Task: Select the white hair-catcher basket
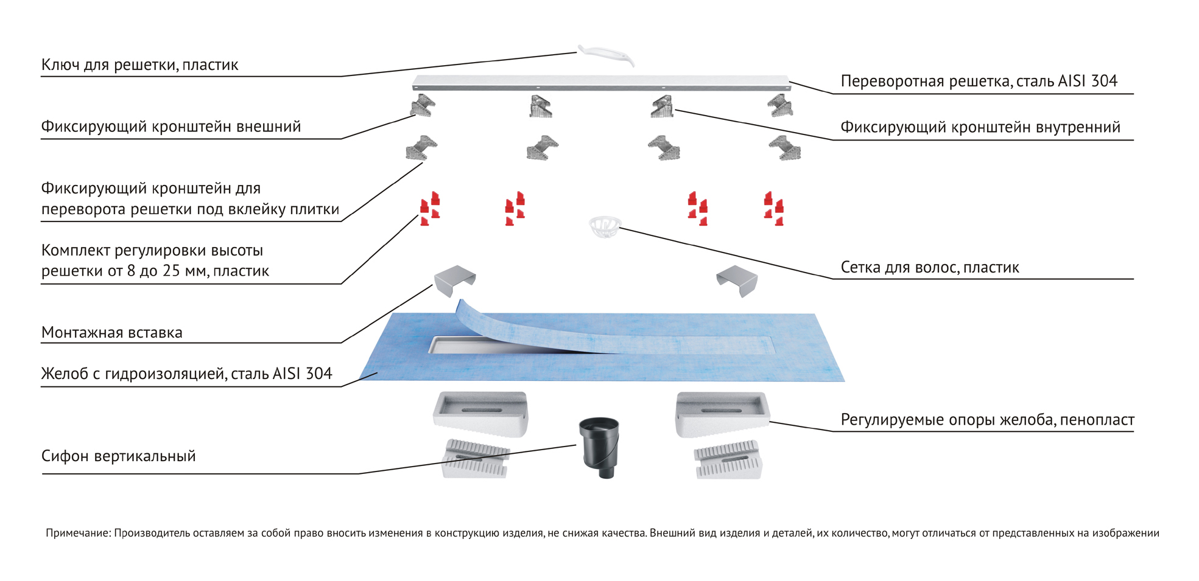(605, 226)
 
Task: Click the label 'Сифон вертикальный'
(119, 456)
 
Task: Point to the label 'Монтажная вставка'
(112, 333)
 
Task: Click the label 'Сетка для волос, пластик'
(929, 268)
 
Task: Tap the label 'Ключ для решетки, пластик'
(139, 65)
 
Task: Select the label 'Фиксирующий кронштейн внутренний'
(980, 128)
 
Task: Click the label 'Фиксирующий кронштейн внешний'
(171, 127)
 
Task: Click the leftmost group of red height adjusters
(430, 209)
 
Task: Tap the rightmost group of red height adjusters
(774, 209)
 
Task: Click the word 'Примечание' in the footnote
(78, 534)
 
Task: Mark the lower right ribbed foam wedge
(728, 461)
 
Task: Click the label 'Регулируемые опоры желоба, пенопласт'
(986, 420)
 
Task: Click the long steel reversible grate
(600, 83)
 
